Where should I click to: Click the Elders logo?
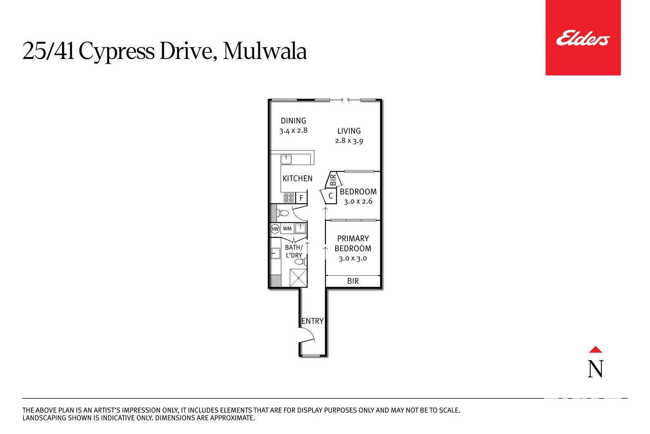(583, 38)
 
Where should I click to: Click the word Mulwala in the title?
(264, 51)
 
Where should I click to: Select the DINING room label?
(293, 120)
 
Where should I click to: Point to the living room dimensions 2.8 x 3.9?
(349, 141)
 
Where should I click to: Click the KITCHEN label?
(297, 179)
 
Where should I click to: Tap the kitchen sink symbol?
(286, 159)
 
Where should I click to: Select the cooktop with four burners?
(289, 198)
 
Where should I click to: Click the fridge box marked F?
(301, 198)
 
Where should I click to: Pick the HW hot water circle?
(275, 229)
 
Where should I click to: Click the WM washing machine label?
(287, 229)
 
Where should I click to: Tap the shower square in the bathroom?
(298, 278)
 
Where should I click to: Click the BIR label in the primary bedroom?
(353, 281)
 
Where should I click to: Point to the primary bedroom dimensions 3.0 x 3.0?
(353, 258)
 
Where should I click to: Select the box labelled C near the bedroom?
(331, 196)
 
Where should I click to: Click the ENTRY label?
(312, 321)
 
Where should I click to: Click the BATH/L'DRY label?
(294, 251)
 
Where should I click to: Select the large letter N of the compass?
(596, 369)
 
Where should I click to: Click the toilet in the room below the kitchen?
(283, 213)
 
